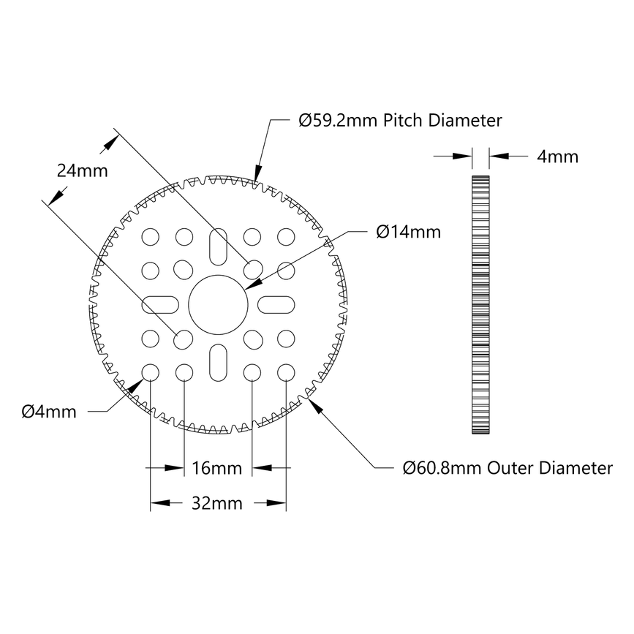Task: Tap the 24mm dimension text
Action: coord(83,170)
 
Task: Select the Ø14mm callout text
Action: coord(409,232)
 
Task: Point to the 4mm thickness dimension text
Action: coord(557,156)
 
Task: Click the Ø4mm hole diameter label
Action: coord(49,412)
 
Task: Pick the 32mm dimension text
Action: coord(217,503)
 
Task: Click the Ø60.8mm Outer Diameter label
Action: coord(507,468)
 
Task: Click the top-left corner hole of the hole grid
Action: coord(151,236)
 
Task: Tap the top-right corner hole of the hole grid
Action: coord(284,236)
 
